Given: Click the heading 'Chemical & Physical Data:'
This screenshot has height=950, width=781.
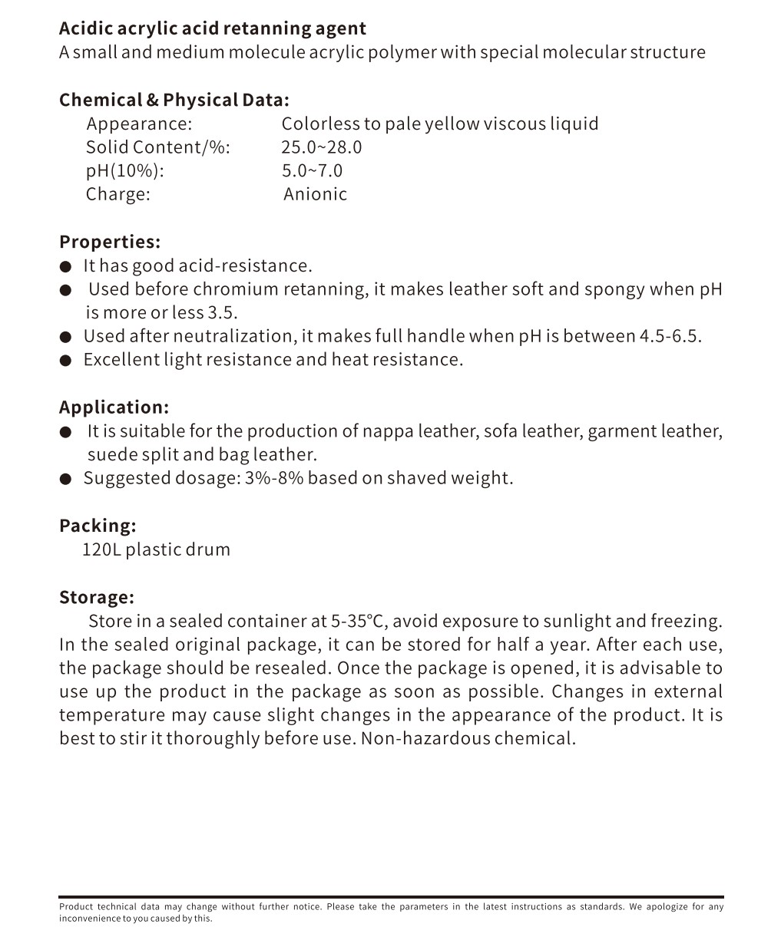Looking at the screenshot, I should pos(174,101).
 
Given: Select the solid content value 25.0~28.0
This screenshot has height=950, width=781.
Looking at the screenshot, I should pos(321,147).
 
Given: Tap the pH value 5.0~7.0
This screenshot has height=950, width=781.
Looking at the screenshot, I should pos(312,171).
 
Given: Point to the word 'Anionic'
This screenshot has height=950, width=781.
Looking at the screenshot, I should pos(315,194).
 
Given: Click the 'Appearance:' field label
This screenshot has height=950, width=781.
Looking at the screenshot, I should pos(139,124).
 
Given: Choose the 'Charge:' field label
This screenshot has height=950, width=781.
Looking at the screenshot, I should pos(118,194).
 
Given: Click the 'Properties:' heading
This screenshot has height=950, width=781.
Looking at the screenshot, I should pos(110,242).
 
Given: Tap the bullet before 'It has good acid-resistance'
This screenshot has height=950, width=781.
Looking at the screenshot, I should pos(66,266).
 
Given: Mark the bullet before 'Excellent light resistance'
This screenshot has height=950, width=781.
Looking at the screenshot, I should pos(66,360).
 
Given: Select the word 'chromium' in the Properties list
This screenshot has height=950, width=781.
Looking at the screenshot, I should pos(236,289).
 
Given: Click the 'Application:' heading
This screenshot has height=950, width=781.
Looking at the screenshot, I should pos(114,407).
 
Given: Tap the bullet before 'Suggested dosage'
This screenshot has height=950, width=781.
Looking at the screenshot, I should pos(66,479).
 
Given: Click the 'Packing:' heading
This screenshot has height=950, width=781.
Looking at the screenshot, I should pos(98,526).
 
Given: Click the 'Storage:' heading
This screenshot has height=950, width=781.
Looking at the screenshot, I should pos(97,597).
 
